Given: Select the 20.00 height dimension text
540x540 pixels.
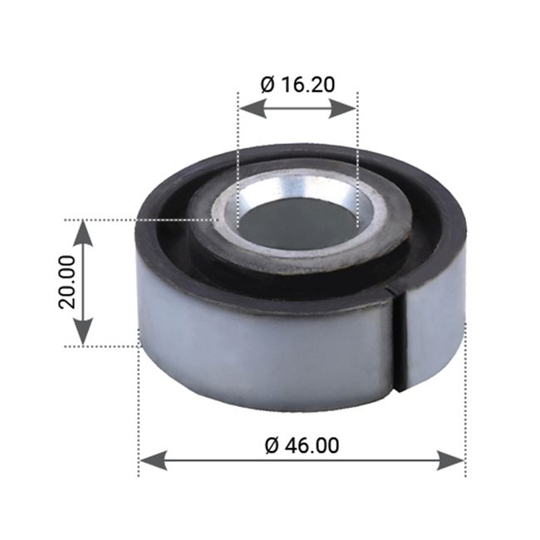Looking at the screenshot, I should click(x=68, y=282).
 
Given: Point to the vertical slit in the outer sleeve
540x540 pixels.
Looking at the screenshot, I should click(x=399, y=336).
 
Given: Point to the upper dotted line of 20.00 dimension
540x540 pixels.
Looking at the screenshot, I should click(x=141, y=220).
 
